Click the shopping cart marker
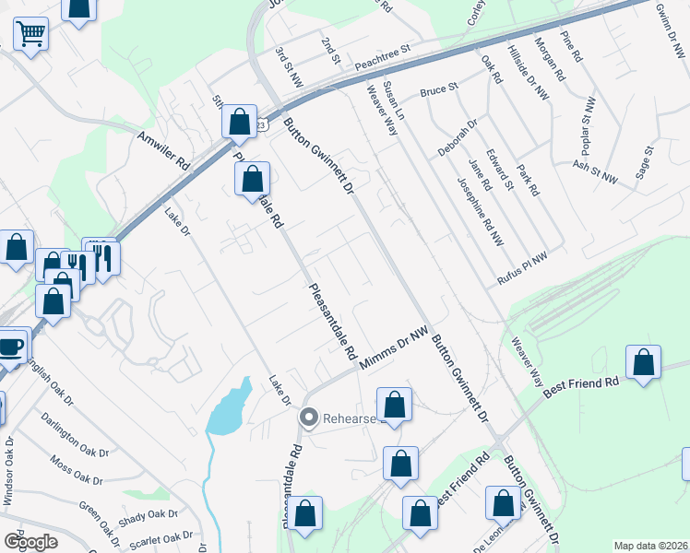[x=31, y=35]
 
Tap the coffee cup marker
[x=9, y=348]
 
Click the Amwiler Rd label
[x=163, y=149]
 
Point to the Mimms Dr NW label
[x=396, y=352]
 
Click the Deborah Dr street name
[x=458, y=137]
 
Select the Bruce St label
[x=439, y=90]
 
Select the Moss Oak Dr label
[x=76, y=470]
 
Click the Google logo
[x=30, y=542]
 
